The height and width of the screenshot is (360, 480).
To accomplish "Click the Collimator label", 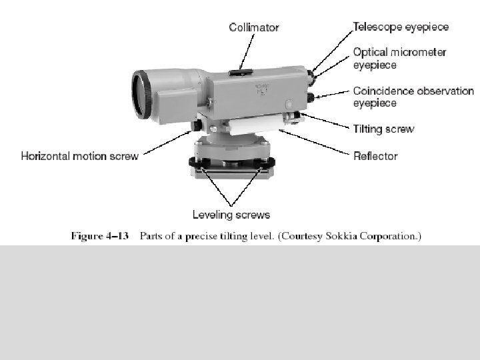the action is pyautogui.click(x=254, y=27).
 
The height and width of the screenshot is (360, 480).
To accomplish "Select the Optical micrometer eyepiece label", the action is pyautogui.click(x=399, y=58).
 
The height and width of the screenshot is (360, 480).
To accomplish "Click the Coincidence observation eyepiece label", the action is pyautogui.click(x=413, y=97).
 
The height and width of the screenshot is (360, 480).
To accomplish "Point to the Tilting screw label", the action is pyautogui.click(x=383, y=129).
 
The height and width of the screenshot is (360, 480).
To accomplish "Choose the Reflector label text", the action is pyautogui.click(x=375, y=156).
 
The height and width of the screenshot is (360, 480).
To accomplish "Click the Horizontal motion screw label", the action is pyautogui.click(x=80, y=156).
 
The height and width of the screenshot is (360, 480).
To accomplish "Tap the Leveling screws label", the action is pyautogui.click(x=231, y=214).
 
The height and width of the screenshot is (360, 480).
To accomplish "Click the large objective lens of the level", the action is pyautogui.click(x=141, y=95).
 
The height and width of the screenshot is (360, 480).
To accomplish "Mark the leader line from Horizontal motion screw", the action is pyautogui.click(x=167, y=143).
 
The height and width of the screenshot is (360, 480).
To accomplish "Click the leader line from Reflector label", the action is pyautogui.click(x=317, y=143).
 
